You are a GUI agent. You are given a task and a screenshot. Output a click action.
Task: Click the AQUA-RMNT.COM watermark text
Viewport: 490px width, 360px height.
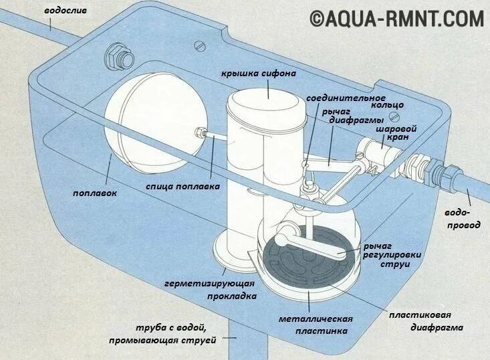[x=397, y=19]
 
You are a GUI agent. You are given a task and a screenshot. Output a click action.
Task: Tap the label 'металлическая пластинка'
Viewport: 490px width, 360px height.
[x=316, y=325]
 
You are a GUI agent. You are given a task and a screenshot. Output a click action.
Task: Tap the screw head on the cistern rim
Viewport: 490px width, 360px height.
[x=199, y=46]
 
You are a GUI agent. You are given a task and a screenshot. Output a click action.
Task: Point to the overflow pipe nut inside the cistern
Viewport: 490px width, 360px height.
[x=120, y=58]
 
